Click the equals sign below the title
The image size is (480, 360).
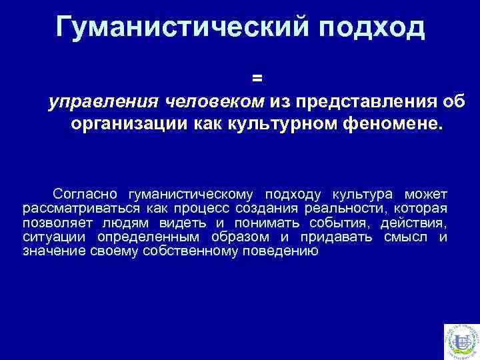pyautogui.click(x=257, y=78)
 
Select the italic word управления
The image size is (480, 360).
pyautogui.click(x=103, y=101)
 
